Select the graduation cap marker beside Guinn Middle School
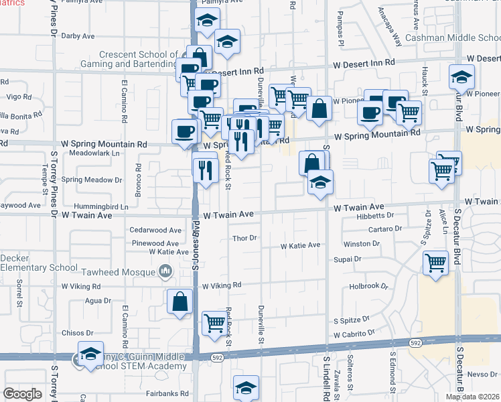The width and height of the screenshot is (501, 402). point(90,354)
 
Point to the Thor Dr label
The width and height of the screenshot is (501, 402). point(244,238)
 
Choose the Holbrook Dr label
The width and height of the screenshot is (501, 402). point(369,286)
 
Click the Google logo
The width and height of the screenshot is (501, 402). point(22,393)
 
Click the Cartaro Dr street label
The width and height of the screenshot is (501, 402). point(384,228)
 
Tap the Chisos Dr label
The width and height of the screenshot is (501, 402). point(80,332)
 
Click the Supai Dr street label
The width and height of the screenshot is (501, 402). point(348,258)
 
